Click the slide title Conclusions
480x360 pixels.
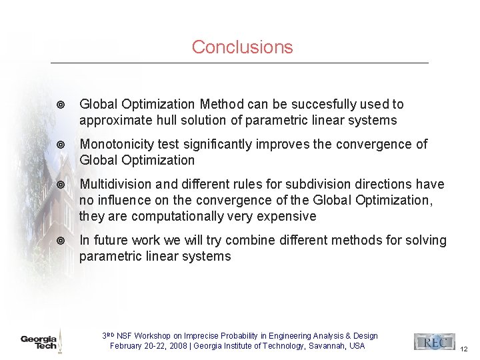click(x=242, y=47)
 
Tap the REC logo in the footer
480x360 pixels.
click(x=433, y=341)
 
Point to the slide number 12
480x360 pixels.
click(x=464, y=349)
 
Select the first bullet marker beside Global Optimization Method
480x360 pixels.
click(x=61, y=105)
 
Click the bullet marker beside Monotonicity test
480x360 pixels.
click(x=61, y=145)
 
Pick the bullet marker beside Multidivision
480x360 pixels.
click(x=61, y=185)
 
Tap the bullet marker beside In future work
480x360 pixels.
click(x=61, y=241)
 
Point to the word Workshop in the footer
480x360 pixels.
click(x=158, y=336)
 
